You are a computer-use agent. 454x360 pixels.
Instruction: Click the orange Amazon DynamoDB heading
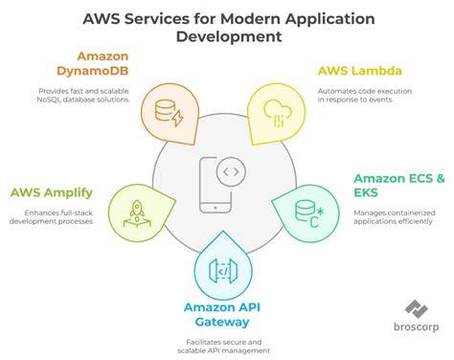93,63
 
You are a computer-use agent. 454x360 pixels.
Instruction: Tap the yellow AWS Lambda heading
360,71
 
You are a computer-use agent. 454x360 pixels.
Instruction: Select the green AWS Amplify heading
52,192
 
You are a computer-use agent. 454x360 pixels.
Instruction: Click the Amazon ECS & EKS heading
399,186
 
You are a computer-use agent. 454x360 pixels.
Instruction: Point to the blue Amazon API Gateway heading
222,314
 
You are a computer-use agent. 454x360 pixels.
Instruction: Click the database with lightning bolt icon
170,113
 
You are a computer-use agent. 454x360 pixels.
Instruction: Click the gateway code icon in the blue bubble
223,271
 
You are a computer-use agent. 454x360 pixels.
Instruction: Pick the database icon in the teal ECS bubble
309,214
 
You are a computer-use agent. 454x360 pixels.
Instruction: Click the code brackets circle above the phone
231,172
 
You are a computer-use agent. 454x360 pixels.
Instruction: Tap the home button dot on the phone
216,208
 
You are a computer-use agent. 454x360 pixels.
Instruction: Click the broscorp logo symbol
417,309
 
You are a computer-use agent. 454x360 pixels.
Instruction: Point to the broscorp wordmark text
417,326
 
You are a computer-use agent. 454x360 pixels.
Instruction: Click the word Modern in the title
251,19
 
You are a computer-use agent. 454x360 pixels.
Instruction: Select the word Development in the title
229,36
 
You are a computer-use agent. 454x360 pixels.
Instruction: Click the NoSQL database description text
83,95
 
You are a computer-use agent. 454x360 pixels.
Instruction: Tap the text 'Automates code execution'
365,91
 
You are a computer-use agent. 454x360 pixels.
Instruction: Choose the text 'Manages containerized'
395,213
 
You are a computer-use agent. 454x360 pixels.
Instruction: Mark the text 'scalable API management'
223,350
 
